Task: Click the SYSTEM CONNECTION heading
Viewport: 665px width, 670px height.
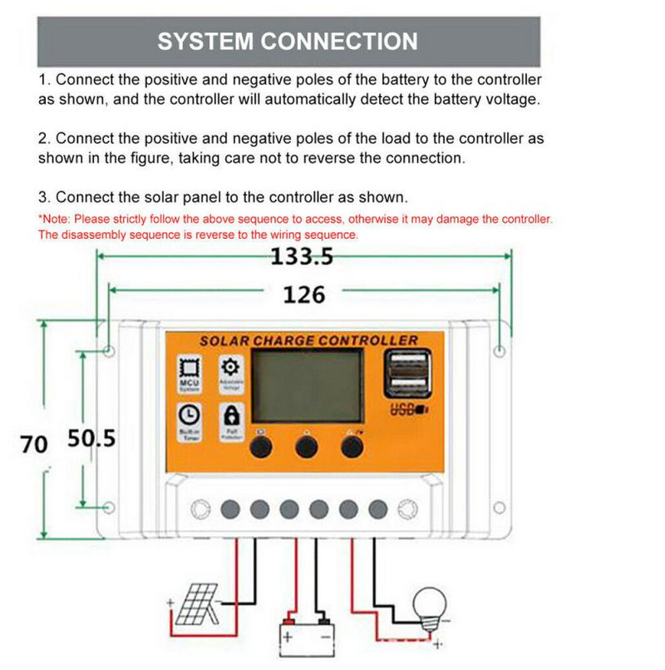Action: click(x=288, y=42)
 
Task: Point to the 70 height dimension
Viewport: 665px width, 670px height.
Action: click(x=34, y=444)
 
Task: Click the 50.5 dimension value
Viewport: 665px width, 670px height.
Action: click(x=91, y=439)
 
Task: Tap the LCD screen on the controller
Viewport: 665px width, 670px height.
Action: click(x=308, y=385)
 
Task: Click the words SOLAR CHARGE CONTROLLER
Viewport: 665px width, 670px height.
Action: click(x=308, y=340)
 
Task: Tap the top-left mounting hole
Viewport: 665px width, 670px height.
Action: click(x=110, y=352)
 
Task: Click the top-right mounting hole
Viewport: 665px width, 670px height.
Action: click(x=499, y=351)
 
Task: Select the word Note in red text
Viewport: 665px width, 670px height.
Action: click(x=56, y=220)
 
